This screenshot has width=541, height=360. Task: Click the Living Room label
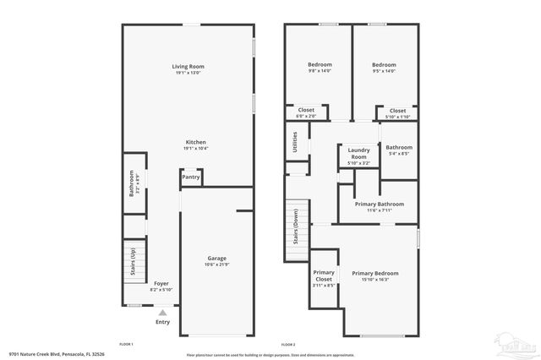click(188, 66)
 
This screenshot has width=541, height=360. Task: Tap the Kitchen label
click(195, 142)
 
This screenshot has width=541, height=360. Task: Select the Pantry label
click(191, 177)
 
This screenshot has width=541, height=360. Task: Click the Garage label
click(217, 258)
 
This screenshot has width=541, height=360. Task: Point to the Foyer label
click(161, 283)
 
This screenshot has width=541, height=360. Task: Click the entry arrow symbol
click(162, 312)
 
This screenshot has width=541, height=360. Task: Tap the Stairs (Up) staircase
click(133, 262)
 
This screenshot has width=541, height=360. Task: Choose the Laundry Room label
click(358, 155)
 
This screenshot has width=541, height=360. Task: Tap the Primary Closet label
click(324, 275)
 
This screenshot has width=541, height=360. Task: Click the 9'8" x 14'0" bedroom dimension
click(320, 71)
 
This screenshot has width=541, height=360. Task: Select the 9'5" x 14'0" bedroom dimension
click(385, 71)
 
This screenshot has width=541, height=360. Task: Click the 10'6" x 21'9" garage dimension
click(217, 265)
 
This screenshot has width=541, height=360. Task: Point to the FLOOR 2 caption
click(287, 345)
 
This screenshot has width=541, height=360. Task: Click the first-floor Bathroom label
click(132, 183)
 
